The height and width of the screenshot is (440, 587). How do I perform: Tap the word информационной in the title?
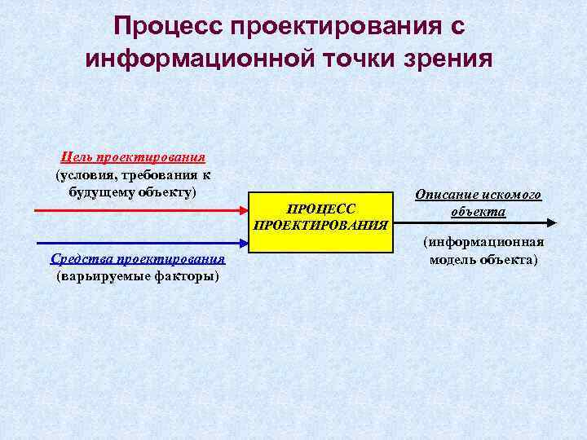pyautogui.click(x=201, y=59)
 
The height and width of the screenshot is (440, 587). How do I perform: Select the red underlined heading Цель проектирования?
pyautogui.click(x=134, y=157)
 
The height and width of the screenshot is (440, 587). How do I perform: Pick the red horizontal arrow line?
pyautogui.click(x=139, y=210)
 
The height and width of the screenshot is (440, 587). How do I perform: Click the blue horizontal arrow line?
pyautogui.click(x=139, y=242)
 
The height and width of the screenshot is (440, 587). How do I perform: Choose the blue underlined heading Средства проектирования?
pyautogui.click(x=138, y=260)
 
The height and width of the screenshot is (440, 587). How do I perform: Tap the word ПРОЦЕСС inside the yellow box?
pyautogui.click(x=321, y=209)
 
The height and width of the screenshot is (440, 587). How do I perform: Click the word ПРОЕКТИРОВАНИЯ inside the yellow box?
pyautogui.click(x=321, y=224)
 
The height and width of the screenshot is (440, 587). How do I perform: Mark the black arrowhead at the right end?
pyautogui.click(x=552, y=222)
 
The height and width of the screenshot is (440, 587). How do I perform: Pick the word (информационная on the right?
pyautogui.click(x=483, y=242)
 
